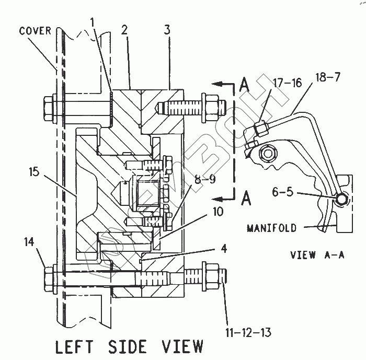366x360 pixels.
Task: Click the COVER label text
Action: click(35, 31)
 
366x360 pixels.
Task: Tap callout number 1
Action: click(92, 22)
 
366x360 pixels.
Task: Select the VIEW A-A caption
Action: click(310, 256)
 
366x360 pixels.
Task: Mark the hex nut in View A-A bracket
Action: click(270, 153)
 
